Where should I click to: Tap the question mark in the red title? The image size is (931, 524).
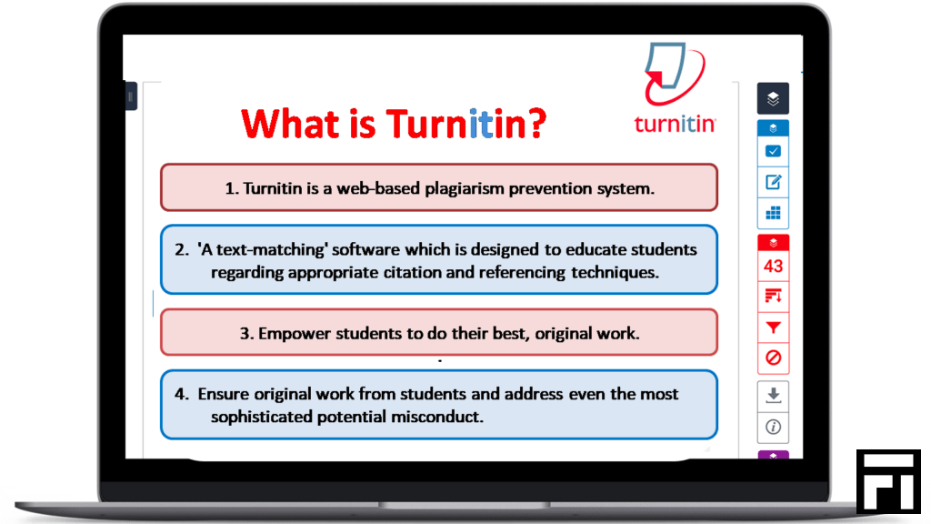click(536, 124)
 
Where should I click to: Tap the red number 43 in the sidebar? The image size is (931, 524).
click(773, 266)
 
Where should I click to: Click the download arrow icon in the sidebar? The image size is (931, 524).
click(773, 395)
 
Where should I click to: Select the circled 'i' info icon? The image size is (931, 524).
click(773, 427)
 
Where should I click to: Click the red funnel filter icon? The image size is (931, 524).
click(773, 327)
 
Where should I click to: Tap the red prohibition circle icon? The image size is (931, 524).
click(773, 358)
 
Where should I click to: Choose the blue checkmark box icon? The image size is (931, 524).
click(773, 152)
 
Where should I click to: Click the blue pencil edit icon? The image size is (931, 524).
click(773, 182)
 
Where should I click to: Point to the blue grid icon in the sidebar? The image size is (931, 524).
click(773, 213)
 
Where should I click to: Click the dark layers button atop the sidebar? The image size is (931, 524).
click(773, 98)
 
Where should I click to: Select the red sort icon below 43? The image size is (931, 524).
click(773, 296)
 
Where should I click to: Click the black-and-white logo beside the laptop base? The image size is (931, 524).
click(888, 481)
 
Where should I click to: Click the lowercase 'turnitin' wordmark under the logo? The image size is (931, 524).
click(676, 124)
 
